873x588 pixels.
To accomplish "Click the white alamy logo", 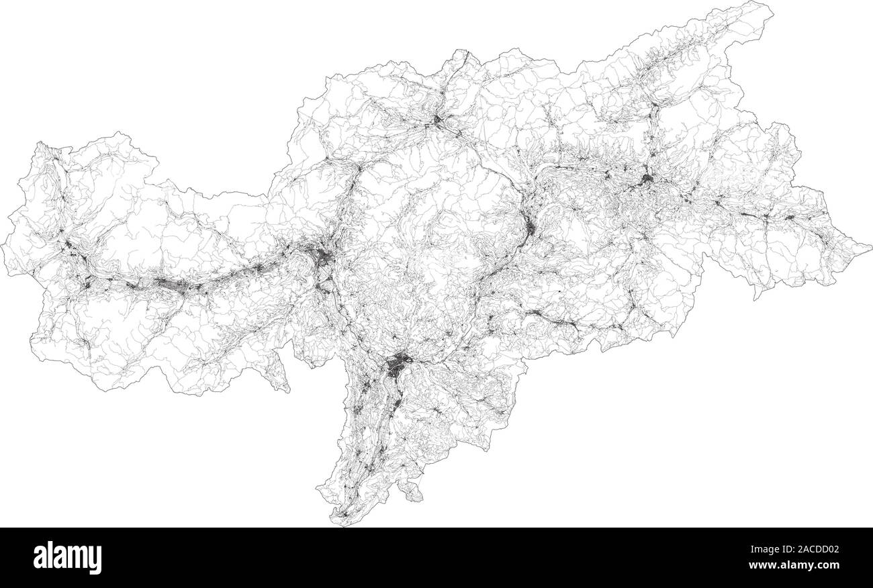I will click(x=67, y=557).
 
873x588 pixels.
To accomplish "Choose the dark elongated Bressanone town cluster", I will click(x=531, y=228).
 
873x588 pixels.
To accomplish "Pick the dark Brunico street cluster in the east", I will click(x=646, y=180).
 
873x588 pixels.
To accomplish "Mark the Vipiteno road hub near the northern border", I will click(x=437, y=121).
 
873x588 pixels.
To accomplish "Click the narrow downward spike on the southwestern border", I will click(x=286, y=387).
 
